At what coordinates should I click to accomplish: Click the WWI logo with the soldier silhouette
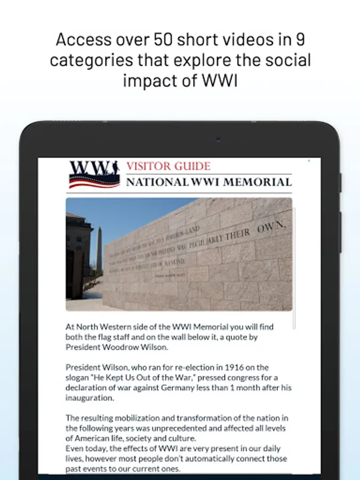coord(94,174)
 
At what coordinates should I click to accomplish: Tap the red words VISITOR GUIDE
coord(168,166)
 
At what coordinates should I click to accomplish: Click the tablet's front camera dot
coord(218,140)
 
